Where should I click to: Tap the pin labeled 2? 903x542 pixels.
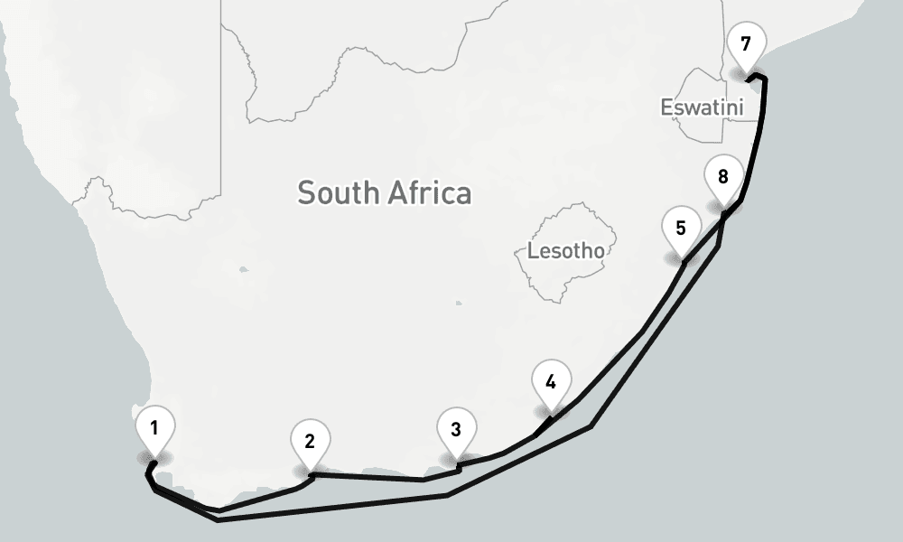[x=310, y=442]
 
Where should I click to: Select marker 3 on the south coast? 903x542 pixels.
[x=456, y=429]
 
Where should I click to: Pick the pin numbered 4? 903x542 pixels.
[x=551, y=380]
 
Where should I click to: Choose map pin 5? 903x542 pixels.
[x=681, y=228]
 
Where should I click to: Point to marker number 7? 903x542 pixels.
[x=745, y=43]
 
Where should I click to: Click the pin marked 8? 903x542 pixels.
[x=722, y=176]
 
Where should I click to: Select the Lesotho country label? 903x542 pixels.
[x=565, y=250]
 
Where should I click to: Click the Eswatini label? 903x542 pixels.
[x=702, y=107]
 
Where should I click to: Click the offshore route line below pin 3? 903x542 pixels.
[x=449, y=495]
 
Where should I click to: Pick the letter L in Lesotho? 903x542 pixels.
[x=533, y=250]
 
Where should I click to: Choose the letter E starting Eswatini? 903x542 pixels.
[x=666, y=107]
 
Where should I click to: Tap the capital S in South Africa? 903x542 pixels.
[x=306, y=192]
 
